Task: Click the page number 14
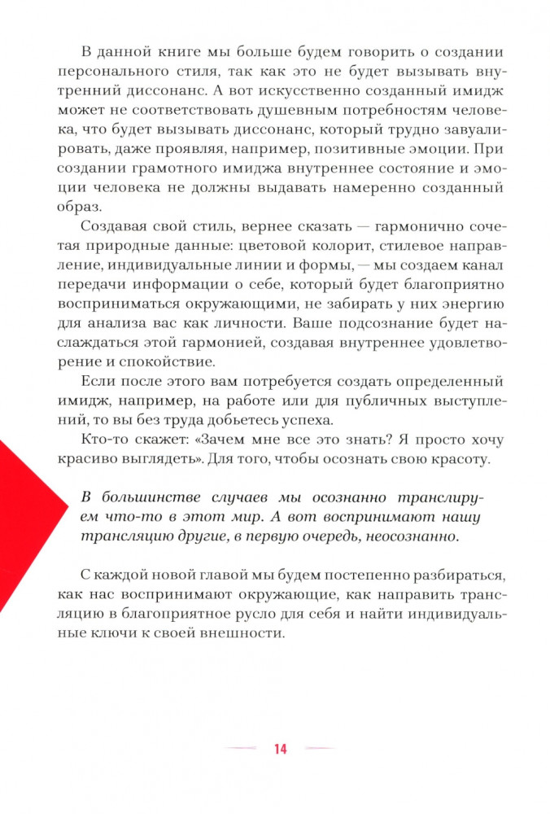click(280, 749)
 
